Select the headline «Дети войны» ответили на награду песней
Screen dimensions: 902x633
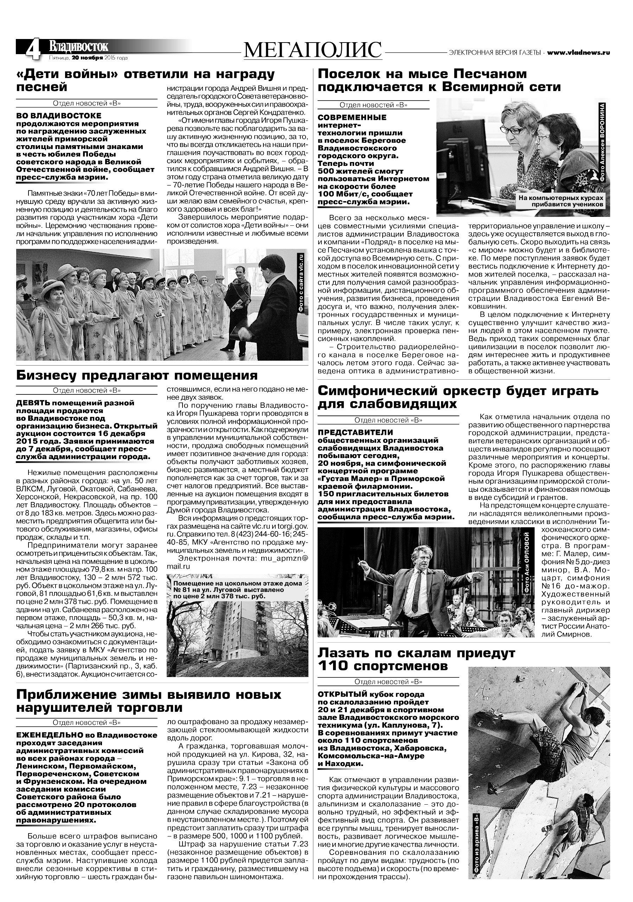[145, 80]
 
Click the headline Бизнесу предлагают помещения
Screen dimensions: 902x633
[137, 375]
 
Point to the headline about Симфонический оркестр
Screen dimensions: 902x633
[458, 397]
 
